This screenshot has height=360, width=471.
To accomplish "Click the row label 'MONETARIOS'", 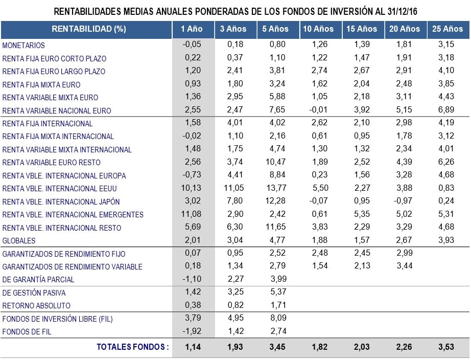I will point(23,46).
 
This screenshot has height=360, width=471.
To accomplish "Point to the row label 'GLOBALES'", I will point(19,240).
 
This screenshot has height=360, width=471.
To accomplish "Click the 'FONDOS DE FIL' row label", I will point(27,331).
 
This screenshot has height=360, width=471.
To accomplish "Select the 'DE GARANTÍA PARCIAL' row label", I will point(38,280).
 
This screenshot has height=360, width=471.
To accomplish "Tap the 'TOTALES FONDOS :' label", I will point(132,347).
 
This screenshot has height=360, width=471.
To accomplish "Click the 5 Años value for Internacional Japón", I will point(275,201).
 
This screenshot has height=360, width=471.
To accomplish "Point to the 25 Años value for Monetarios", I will point(447,46).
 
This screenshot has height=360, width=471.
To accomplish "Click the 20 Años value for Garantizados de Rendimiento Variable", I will point(404,266).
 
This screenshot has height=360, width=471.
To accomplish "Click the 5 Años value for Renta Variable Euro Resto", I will point(275,163).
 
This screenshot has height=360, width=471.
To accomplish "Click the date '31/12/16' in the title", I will point(399,11).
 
